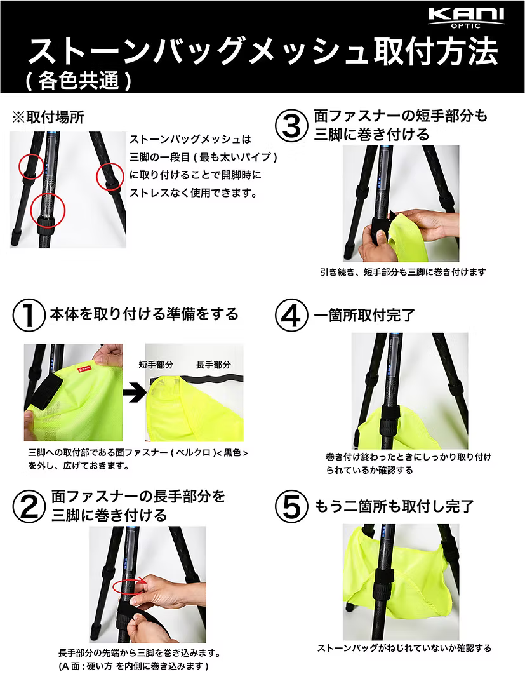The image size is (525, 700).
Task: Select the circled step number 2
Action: pyautogui.click(x=29, y=504)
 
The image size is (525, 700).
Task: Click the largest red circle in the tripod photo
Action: pyautogui.click(x=48, y=212)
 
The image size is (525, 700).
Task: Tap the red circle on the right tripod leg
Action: pyautogui.click(x=109, y=177)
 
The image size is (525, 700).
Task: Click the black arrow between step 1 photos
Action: pyautogui.click(x=133, y=393)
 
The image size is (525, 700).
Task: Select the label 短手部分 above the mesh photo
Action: pyautogui.click(x=156, y=365)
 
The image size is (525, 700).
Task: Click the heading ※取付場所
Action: pyautogui.click(x=48, y=118)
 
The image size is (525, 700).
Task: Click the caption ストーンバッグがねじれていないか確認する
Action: pyautogui.click(x=404, y=649)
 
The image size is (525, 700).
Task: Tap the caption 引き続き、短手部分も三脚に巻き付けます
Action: pyautogui.click(x=402, y=272)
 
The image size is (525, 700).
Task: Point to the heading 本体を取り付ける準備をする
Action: pyautogui.click(x=144, y=314)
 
